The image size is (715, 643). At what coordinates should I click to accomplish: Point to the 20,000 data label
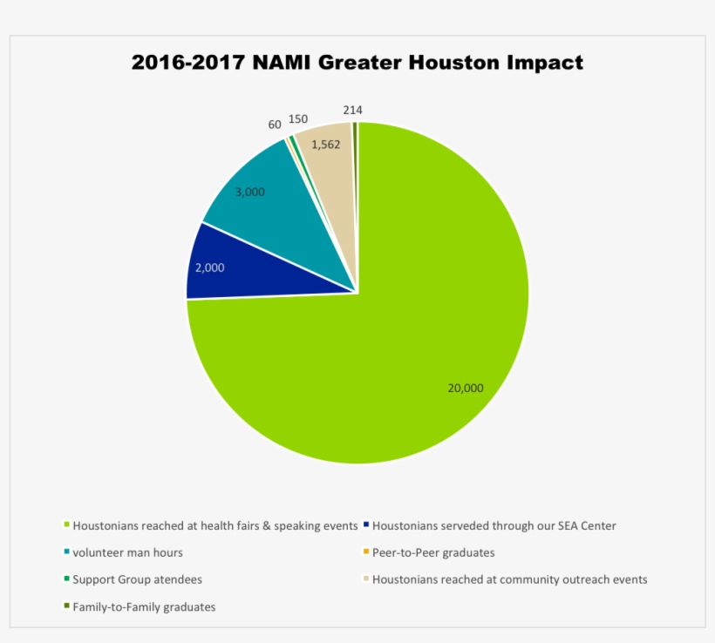(x=465, y=389)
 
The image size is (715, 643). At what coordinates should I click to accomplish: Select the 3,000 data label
(x=250, y=192)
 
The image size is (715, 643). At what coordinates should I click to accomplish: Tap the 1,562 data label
(x=325, y=145)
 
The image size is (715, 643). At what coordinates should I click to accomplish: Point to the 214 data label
(x=352, y=110)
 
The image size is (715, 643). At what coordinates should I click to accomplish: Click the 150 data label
(x=298, y=118)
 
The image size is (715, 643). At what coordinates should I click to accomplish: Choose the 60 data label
(x=275, y=125)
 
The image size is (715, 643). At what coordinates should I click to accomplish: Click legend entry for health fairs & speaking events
(x=214, y=525)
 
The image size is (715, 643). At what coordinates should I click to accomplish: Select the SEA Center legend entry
(x=494, y=525)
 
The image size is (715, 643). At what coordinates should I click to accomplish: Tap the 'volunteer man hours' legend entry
(x=127, y=552)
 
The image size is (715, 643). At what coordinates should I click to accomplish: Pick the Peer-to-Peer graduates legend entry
(x=432, y=552)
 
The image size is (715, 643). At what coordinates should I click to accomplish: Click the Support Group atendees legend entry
(x=137, y=579)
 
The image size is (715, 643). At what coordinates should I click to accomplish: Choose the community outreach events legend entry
(x=509, y=579)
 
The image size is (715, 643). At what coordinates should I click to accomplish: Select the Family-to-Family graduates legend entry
(x=144, y=606)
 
